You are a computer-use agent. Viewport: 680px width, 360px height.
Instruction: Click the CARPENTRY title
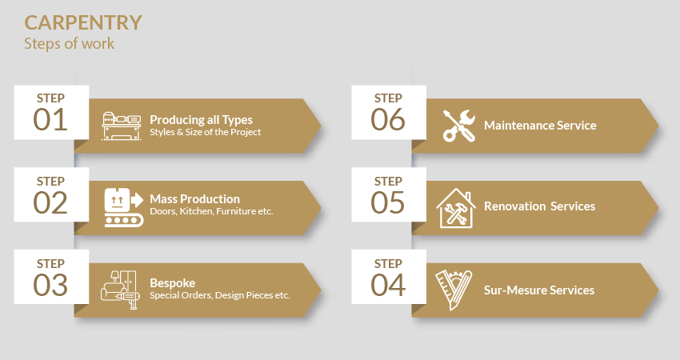83,23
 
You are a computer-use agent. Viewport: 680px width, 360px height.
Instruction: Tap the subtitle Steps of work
70,44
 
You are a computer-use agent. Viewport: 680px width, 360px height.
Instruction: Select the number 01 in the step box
50,120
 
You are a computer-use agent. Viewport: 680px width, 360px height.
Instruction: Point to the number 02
50,202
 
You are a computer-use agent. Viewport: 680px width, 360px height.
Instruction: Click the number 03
50,285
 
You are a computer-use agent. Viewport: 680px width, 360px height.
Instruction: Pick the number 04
388,285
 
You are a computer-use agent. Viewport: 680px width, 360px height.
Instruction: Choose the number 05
388,202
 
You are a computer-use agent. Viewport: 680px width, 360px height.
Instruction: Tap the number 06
388,120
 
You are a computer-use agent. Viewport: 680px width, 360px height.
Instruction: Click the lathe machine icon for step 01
122,126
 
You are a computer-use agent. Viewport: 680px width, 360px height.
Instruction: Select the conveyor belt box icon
123,207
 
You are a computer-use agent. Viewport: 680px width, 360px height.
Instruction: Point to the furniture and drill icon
121,290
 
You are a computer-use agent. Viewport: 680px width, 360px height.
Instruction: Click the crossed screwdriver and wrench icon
459,126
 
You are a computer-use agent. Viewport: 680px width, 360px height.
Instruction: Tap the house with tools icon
456,208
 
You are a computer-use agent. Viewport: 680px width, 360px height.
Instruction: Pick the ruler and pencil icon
454,290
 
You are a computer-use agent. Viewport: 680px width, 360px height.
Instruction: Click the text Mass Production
194,199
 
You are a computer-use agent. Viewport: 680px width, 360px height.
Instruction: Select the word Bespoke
173,283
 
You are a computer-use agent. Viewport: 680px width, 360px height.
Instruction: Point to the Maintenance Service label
540,126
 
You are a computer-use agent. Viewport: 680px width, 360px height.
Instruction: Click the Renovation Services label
539,206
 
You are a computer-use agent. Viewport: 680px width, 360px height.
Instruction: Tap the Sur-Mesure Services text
539,290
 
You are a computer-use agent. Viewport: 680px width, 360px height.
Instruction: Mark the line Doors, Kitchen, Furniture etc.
211,212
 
